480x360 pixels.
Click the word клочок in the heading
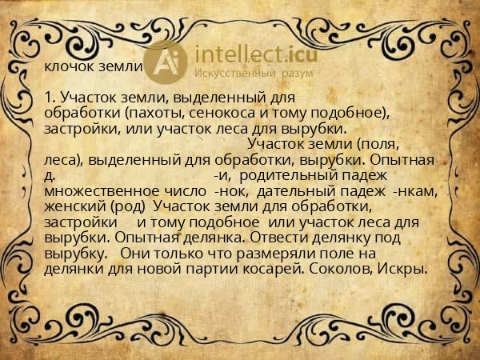click(67, 67)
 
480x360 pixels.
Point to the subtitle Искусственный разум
click(247, 73)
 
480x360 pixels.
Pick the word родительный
click(289, 175)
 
